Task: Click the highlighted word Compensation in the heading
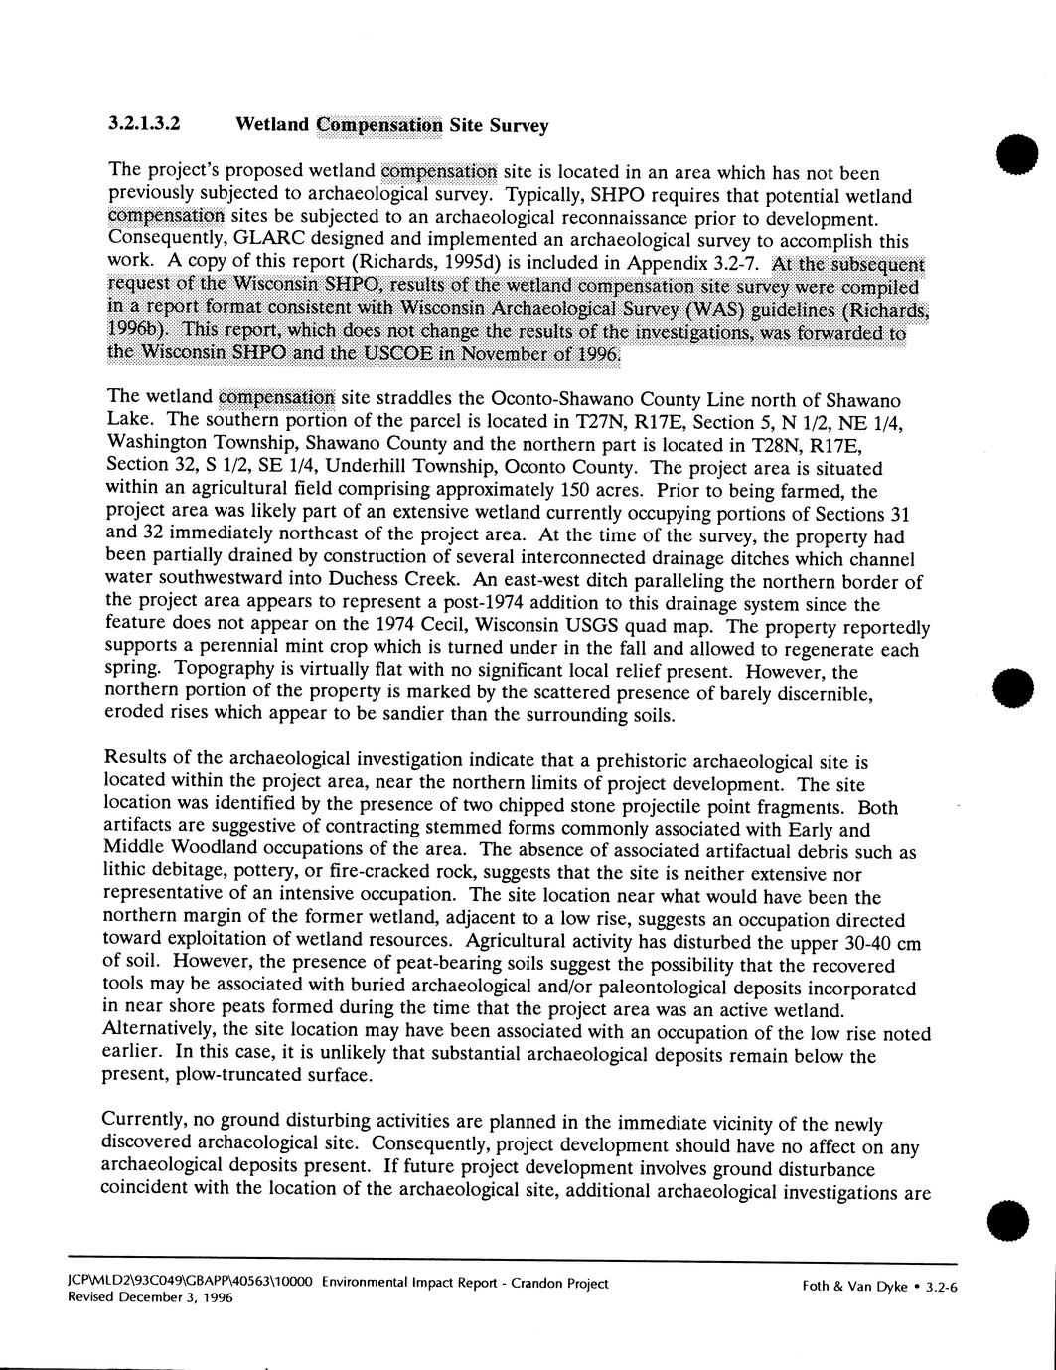377,125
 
